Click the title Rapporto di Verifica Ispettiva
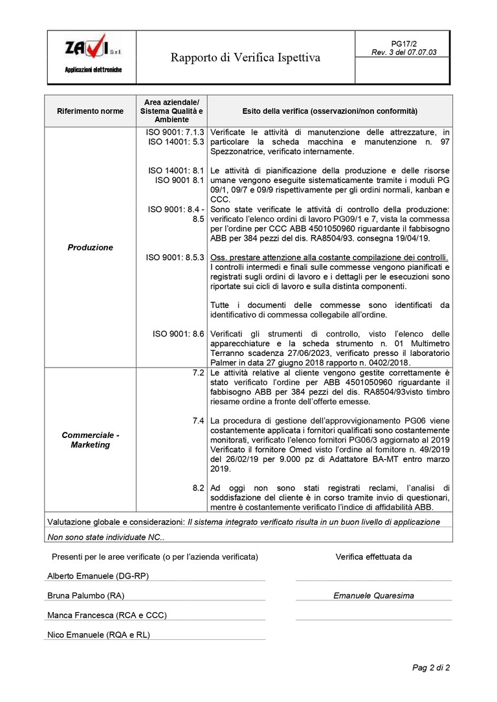pos(245,58)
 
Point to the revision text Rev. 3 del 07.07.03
pos(404,52)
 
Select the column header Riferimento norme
pos(90,111)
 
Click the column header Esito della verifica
pos(329,111)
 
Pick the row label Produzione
pos(90,247)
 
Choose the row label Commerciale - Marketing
pos(90,440)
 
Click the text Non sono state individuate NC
pos(106,536)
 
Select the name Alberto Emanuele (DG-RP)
pos(98,576)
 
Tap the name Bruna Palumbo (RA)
pos(86,595)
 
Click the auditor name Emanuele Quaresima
pos(373,596)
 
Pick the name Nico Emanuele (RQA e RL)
pos(98,635)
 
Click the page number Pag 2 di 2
pos(431,668)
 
